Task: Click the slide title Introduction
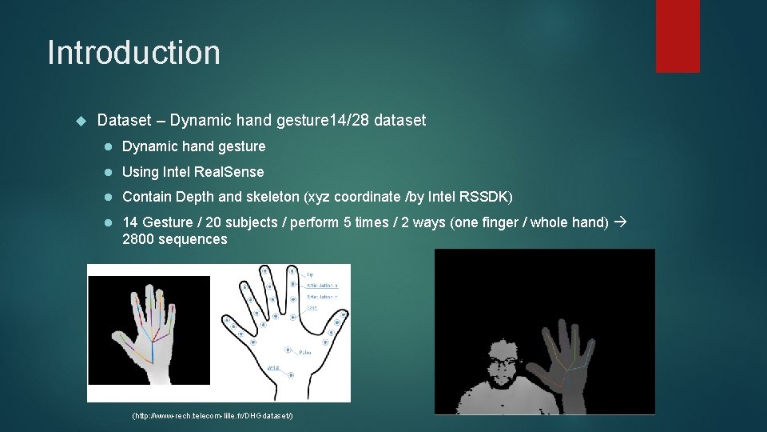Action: pyautogui.click(x=133, y=53)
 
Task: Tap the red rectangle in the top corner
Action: pyautogui.click(x=678, y=35)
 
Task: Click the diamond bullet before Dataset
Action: pyautogui.click(x=80, y=121)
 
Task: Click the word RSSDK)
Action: pyautogui.click(x=489, y=197)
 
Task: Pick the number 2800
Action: pyautogui.click(x=137, y=240)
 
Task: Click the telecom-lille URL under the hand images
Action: pyautogui.click(x=213, y=417)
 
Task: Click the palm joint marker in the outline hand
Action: pyautogui.click(x=286, y=349)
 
